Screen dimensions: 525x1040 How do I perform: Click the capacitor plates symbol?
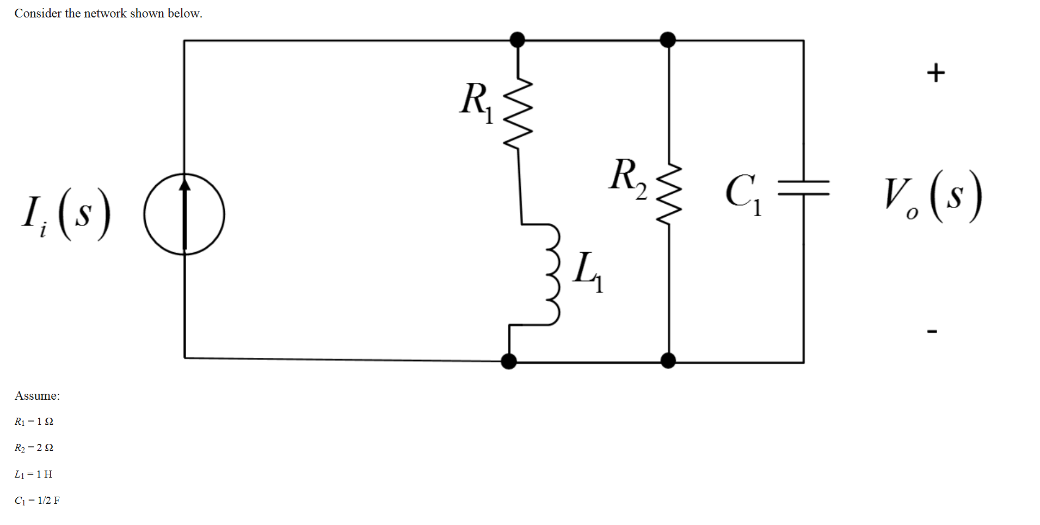pyautogui.click(x=803, y=188)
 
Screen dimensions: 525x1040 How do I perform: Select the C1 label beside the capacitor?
pyautogui.click(x=743, y=194)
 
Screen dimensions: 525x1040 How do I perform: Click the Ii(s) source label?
pyautogui.click(x=65, y=216)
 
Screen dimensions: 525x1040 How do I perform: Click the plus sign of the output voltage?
pyautogui.click(x=936, y=72)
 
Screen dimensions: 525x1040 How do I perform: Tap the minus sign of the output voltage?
pyautogui.click(x=932, y=331)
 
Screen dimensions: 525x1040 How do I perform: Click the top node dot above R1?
pyautogui.click(x=517, y=40)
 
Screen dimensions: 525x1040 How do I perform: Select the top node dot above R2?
pyautogui.click(x=668, y=40)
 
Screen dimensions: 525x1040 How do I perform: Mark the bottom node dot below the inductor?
pyautogui.click(x=509, y=361)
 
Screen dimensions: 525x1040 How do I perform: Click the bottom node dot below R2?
pyautogui.click(x=668, y=361)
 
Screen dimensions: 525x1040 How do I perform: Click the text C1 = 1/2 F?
pyautogui.click(x=37, y=500)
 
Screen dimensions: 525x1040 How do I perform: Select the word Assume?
pyautogui.click(x=37, y=396)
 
